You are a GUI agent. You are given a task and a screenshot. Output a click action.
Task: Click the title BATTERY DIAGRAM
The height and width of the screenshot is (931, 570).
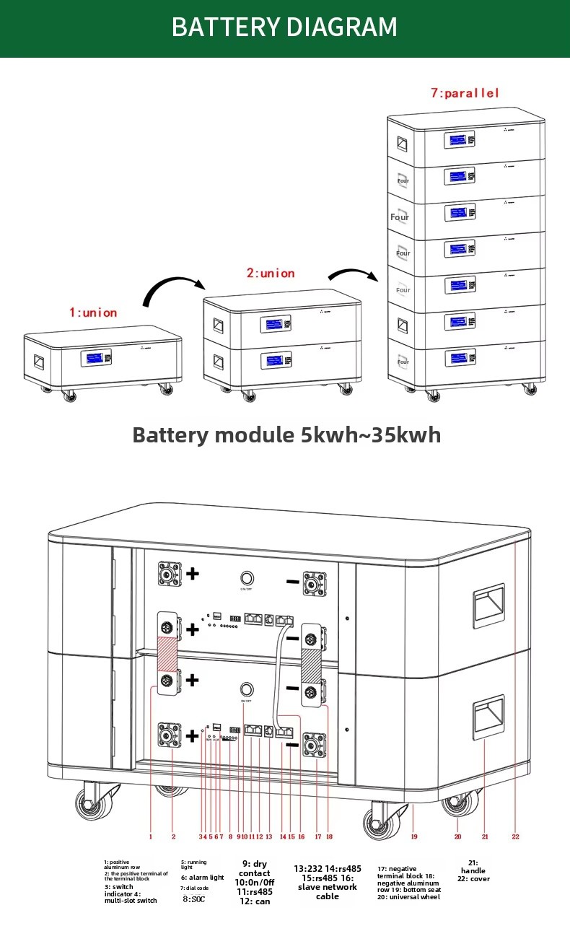(x=284, y=27)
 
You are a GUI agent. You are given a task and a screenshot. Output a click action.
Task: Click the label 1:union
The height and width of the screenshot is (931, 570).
(x=92, y=312)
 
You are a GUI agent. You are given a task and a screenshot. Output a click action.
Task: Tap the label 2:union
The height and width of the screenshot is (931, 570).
(x=271, y=274)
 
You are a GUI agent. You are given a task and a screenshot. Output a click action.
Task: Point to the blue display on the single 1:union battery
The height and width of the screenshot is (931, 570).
(x=93, y=359)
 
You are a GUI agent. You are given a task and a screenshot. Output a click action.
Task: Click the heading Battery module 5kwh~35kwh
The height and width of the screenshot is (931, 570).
(x=286, y=435)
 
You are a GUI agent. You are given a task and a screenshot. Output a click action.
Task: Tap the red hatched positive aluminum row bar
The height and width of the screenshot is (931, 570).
(x=168, y=652)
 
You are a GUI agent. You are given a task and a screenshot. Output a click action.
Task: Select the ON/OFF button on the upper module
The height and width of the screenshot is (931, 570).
(x=247, y=579)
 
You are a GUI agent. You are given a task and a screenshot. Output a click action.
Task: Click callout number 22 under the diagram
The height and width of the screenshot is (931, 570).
(x=515, y=836)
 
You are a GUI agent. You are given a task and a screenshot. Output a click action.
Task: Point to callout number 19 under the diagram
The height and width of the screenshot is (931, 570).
(x=414, y=836)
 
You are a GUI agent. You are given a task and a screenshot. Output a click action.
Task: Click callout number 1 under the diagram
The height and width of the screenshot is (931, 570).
(x=150, y=837)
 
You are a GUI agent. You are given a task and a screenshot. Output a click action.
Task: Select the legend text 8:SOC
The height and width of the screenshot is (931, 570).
(x=194, y=899)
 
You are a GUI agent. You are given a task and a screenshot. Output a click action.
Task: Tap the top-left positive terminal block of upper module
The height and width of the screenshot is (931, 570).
(x=170, y=574)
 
